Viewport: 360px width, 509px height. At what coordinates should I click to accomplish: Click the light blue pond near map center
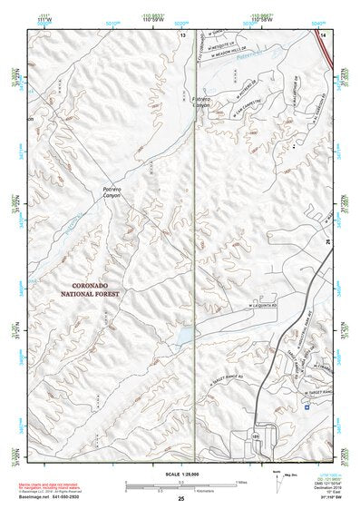point(182,336)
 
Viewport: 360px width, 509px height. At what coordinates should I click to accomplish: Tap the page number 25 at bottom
point(180,499)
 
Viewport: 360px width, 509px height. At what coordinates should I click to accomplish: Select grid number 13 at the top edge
point(181,34)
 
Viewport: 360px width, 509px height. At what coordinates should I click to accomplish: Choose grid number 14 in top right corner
point(322,34)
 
